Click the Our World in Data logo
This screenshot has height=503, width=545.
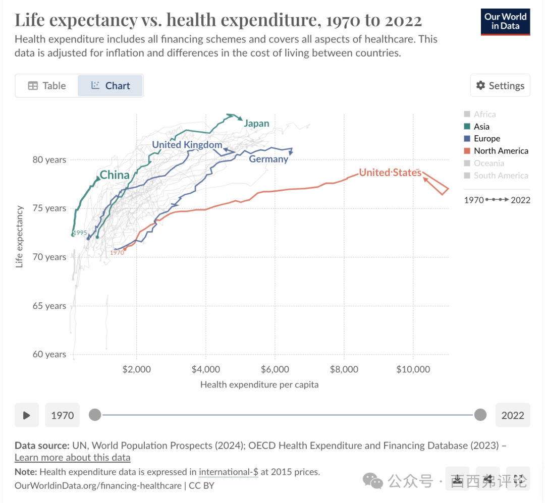pos(505,21)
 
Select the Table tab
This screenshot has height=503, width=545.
pos(47,86)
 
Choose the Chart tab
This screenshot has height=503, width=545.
pos(111,86)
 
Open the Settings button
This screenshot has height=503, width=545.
pos(500,86)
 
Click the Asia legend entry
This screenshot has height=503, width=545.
pos(481,127)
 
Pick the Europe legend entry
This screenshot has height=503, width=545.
pos(486,139)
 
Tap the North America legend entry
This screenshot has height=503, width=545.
pos(501,151)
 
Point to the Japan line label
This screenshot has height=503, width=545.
pos(256,124)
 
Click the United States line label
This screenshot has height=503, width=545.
pos(390,173)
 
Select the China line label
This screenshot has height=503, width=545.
pos(115,176)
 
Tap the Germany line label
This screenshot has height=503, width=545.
pos(268,159)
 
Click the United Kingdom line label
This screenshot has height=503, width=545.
pos(187,145)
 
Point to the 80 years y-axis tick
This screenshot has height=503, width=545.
pos(49,160)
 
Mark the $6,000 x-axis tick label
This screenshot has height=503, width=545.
pos(275,369)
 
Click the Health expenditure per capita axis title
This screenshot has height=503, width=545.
pos(259,385)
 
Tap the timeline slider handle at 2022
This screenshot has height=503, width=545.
pos(480,415)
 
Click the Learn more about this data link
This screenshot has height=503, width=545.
pos(72,458)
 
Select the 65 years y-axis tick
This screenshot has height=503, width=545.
pos(49,306)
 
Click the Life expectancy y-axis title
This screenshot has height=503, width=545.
pos(20,236)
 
